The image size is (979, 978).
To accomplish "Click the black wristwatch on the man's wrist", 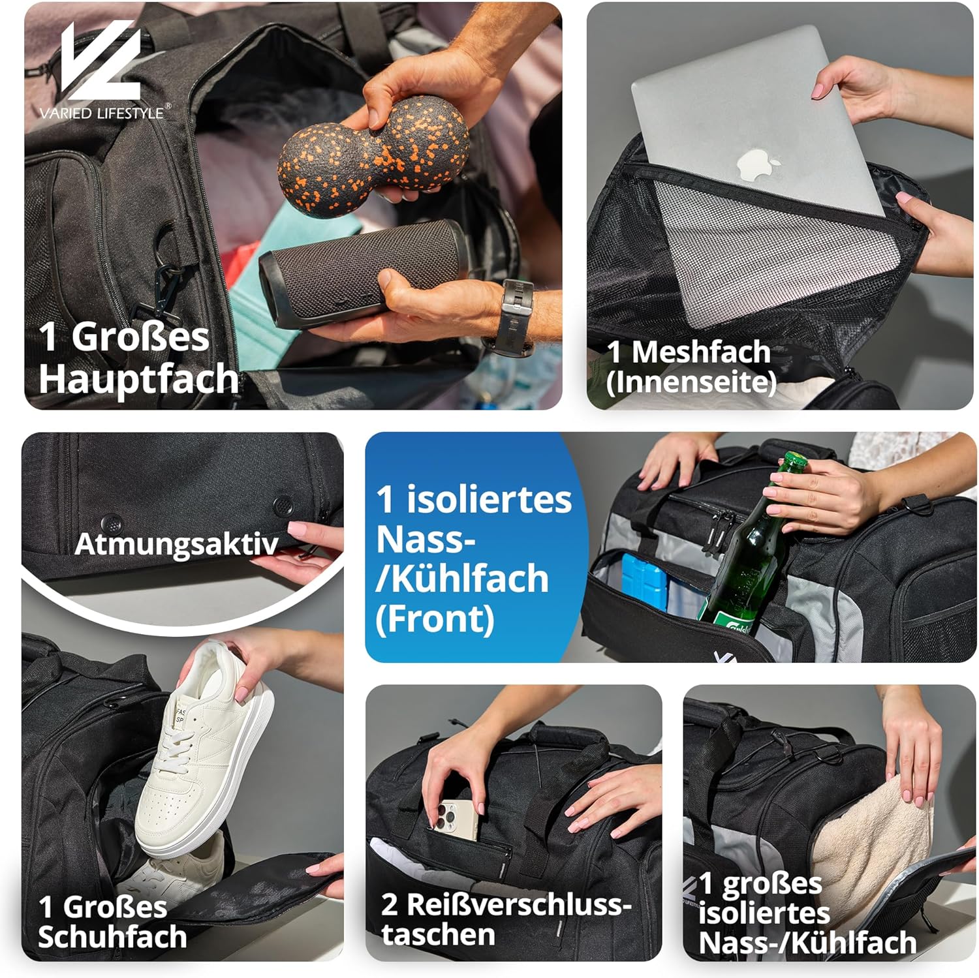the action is (516, 316).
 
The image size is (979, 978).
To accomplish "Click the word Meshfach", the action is (701, 352).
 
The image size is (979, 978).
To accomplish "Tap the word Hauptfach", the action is (138, 378).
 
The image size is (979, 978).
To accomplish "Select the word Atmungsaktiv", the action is (176, 543).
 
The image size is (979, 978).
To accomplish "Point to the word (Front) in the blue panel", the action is (435, 619).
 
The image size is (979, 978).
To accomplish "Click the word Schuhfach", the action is (112, 936).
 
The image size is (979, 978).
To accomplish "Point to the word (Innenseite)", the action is (691, 382).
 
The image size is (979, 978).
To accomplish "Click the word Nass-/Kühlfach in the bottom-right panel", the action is (808, 943).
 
